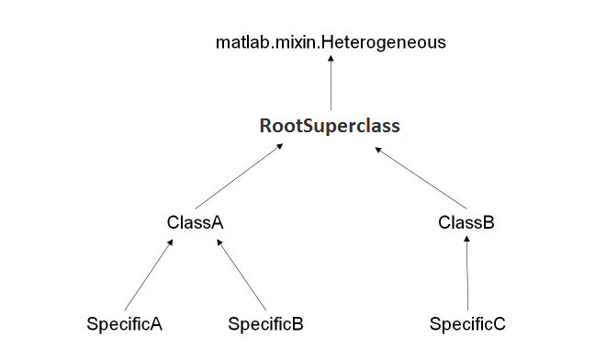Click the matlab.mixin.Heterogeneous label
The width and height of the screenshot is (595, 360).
coord(331,41)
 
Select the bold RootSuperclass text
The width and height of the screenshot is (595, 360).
coord(330,124)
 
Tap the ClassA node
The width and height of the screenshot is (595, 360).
coord(196,222)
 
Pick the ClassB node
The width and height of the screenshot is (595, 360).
coord(466,222)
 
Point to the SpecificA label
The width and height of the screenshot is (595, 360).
coord(124,324)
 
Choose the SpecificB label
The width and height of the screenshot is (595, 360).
coord(265,324)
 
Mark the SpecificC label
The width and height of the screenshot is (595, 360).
coord(467,324)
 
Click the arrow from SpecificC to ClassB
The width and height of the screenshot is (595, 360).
coord(467,273)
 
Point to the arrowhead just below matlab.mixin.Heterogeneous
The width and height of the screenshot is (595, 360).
coord(331,59)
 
